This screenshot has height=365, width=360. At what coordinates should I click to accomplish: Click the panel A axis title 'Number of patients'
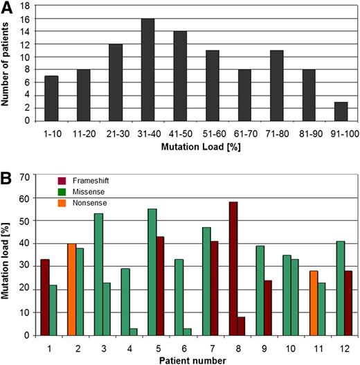(x=8, y=64)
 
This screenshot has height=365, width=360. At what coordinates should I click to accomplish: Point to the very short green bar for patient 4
(x=132, y=332)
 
